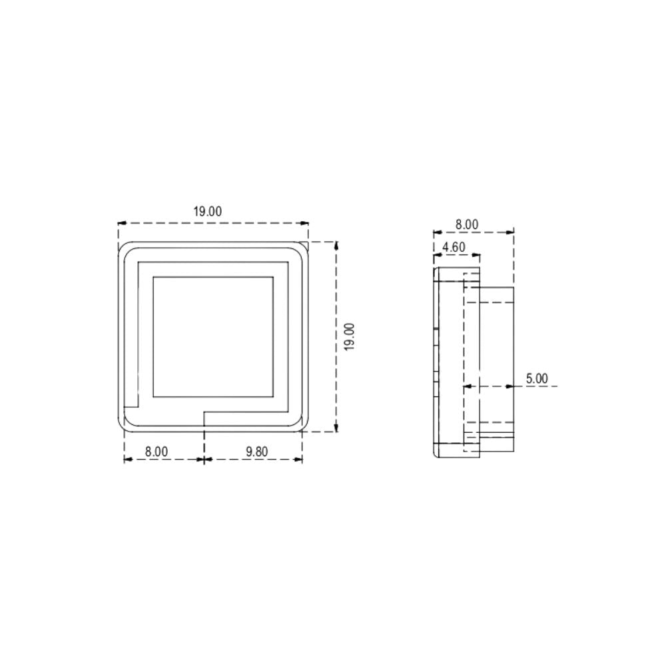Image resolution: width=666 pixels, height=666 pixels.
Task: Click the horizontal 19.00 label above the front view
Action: click(x=208, y=212)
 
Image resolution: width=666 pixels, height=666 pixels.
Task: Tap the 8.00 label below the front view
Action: click(x=157, y=452)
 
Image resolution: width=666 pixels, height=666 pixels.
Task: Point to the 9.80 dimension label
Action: click(x=256, y=452)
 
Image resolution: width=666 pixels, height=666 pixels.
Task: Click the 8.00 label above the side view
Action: click(x=467, y=224)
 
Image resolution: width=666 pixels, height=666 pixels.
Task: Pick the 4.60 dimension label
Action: click(x=454, y=246)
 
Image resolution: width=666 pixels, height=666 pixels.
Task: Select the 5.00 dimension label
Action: click(x=537, y=378)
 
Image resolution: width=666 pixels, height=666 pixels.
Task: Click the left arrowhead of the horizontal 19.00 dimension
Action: click(x=121, y=224)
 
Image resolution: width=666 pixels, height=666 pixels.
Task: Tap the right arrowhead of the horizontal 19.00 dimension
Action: click(x=306, y=224)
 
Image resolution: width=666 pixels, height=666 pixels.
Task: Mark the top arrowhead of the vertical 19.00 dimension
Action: click(x=336, y=244)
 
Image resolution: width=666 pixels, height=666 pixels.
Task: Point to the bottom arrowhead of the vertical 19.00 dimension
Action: click(x=336, y=428)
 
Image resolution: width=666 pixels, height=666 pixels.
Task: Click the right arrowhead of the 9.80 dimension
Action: click(x=299, y=460)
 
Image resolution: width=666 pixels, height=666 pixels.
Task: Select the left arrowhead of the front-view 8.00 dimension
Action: click(x=128, y=460)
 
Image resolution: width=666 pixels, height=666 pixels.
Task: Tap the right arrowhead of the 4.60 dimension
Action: click(x=476, y=254)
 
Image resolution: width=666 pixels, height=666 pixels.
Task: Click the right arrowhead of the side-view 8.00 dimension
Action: click(x=511, y=232)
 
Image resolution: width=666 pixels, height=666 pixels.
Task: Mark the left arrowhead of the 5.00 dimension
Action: click(x=467, y=386)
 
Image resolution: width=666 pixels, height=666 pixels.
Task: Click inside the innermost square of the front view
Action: click(x=213, y=336)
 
